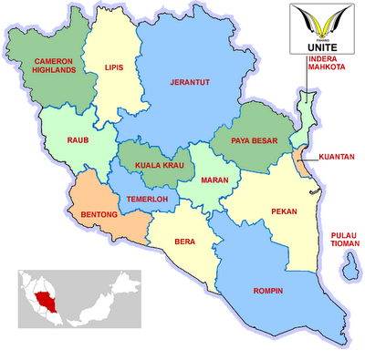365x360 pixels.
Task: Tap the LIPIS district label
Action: pos(114,67)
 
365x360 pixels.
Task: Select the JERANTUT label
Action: pos(190,83)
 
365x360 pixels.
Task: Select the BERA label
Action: pos(185,243)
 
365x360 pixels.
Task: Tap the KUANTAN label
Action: pos(337,157)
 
